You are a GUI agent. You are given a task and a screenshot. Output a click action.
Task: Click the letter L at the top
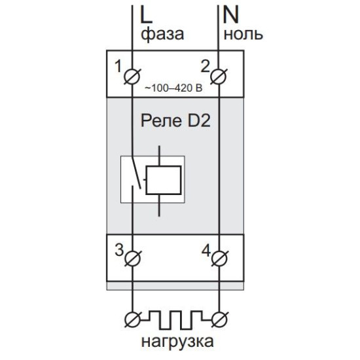click(146, 14)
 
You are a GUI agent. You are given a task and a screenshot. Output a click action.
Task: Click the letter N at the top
click(230, 14)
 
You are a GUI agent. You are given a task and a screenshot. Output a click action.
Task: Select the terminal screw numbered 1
click(132, 76)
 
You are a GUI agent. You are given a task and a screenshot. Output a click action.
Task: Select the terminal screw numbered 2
click(219, 76)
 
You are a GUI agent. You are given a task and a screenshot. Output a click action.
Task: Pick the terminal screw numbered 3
click(132, 259)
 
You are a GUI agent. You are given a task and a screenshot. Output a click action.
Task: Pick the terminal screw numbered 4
click(219, 259)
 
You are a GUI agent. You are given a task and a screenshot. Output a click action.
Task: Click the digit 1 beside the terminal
click(118, 66)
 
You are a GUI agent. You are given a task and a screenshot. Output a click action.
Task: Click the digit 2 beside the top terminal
click(206, 66)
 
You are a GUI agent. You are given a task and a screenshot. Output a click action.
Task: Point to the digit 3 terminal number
click(119, 250)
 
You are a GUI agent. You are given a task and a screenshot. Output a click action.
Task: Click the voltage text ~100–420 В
click(173, 88)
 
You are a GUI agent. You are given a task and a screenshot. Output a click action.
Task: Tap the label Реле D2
click(175, 121)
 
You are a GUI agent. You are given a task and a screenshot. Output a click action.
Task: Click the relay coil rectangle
click(164, 180)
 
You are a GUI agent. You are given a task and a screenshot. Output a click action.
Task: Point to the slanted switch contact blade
click(136, 173)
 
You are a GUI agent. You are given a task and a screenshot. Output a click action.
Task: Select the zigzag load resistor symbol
click(175, 319)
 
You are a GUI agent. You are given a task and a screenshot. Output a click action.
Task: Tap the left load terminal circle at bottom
click(132, 319)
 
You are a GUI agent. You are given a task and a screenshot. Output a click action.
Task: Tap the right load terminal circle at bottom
click(219, 319)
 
